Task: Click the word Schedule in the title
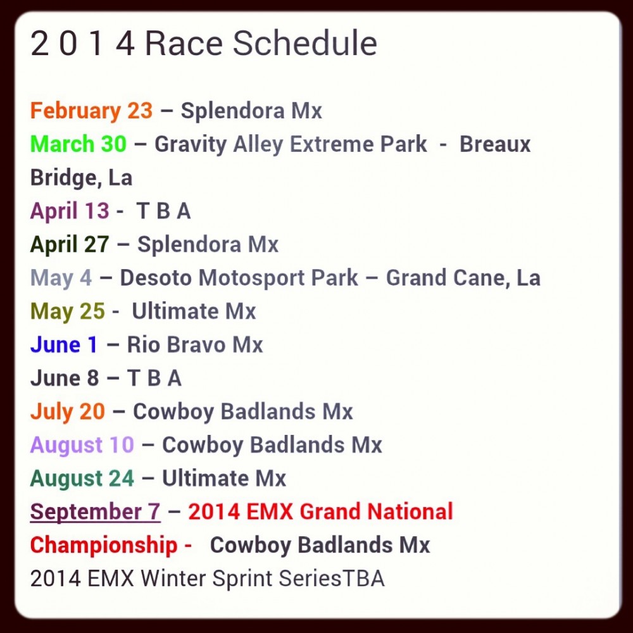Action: coord(305,43)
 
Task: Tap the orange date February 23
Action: coord(91,111)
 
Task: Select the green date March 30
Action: coord(78,144)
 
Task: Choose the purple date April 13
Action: coord(70,211)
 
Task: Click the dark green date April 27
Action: coord(70,245)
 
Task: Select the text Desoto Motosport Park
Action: coord(239,279)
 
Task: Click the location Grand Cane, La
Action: coord(463,279)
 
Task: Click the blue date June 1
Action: coord(64,345)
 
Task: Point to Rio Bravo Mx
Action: coord(195,345)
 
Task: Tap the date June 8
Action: coord(65,379)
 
